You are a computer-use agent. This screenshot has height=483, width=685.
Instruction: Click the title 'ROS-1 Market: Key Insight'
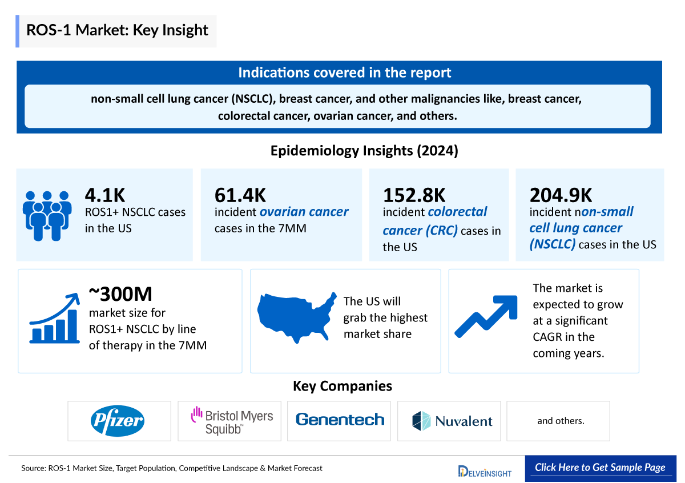(117, 30)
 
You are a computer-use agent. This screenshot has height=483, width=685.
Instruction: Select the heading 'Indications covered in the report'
(344, 73)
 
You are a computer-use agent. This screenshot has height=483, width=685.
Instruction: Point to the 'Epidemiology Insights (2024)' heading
(364, 151)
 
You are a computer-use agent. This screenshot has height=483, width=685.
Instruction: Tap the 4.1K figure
(104, 195)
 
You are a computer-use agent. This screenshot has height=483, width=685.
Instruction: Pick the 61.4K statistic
(240, 195)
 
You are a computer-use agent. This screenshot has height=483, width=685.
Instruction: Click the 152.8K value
(414, 195)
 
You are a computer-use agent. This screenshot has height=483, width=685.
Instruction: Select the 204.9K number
(561, 195)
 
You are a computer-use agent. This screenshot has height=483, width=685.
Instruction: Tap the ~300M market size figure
(120, 295)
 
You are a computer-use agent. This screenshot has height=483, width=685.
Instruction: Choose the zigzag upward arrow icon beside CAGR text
(486, 316)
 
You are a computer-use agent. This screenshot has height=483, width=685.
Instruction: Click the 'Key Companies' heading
(342, 386)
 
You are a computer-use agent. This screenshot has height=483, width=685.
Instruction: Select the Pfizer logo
(119, 421)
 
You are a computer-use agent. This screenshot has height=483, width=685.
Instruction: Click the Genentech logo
(340, 420)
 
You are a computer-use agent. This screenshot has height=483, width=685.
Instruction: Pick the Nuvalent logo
(452, 421)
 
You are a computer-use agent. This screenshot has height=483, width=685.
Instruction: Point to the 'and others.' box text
(561, 421)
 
